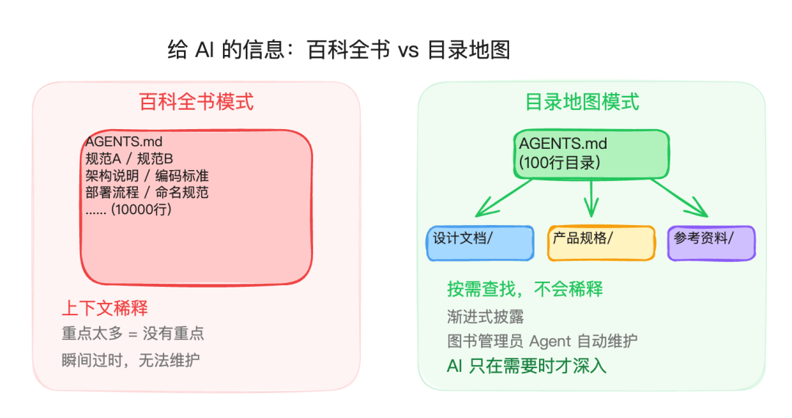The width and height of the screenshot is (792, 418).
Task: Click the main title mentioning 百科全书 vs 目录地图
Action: click(339, 51)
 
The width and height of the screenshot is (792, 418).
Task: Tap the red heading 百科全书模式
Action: click(197, 101)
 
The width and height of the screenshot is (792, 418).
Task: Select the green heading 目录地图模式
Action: click(582, 101)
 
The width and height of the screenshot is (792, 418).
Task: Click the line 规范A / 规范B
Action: click(129, 158)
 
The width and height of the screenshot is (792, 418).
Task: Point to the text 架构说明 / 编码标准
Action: click(147, 175)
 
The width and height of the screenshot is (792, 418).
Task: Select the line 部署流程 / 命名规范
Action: click(147, 192)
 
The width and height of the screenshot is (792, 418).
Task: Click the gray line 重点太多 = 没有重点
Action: click(133, 334)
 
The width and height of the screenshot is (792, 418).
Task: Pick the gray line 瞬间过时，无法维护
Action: click(131, 360)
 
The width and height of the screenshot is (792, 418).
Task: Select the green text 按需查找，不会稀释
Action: click(525, 289)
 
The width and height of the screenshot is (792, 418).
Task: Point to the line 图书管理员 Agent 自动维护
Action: click(542, 341)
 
